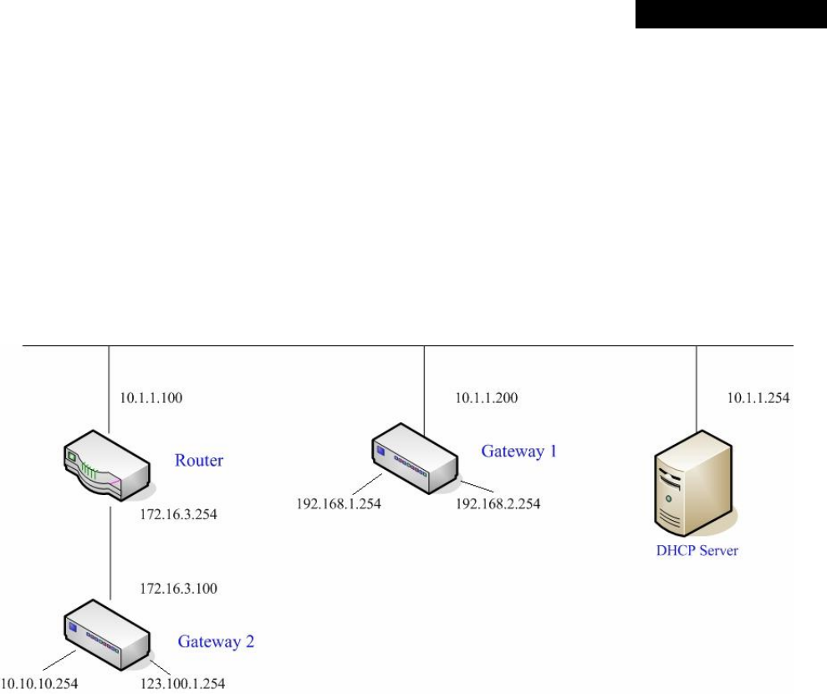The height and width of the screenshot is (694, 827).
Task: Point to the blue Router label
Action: click(x=199, y=460)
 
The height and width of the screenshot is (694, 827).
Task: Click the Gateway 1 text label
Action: click(x=518, y=452)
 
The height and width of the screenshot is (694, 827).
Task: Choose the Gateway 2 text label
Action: click(x=216, y=642)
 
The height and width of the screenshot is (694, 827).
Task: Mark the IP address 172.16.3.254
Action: click(x=179, y=514)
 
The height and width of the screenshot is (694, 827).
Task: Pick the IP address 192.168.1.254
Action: click(x=339, y=505)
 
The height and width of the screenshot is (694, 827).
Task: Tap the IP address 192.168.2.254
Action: click(x=498, y=505)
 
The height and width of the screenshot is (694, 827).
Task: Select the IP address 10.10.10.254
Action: click(x=39, y=684)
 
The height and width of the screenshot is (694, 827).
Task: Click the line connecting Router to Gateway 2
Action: click(x=110, y=552)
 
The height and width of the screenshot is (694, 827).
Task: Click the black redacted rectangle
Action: click(x=730, y=14)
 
